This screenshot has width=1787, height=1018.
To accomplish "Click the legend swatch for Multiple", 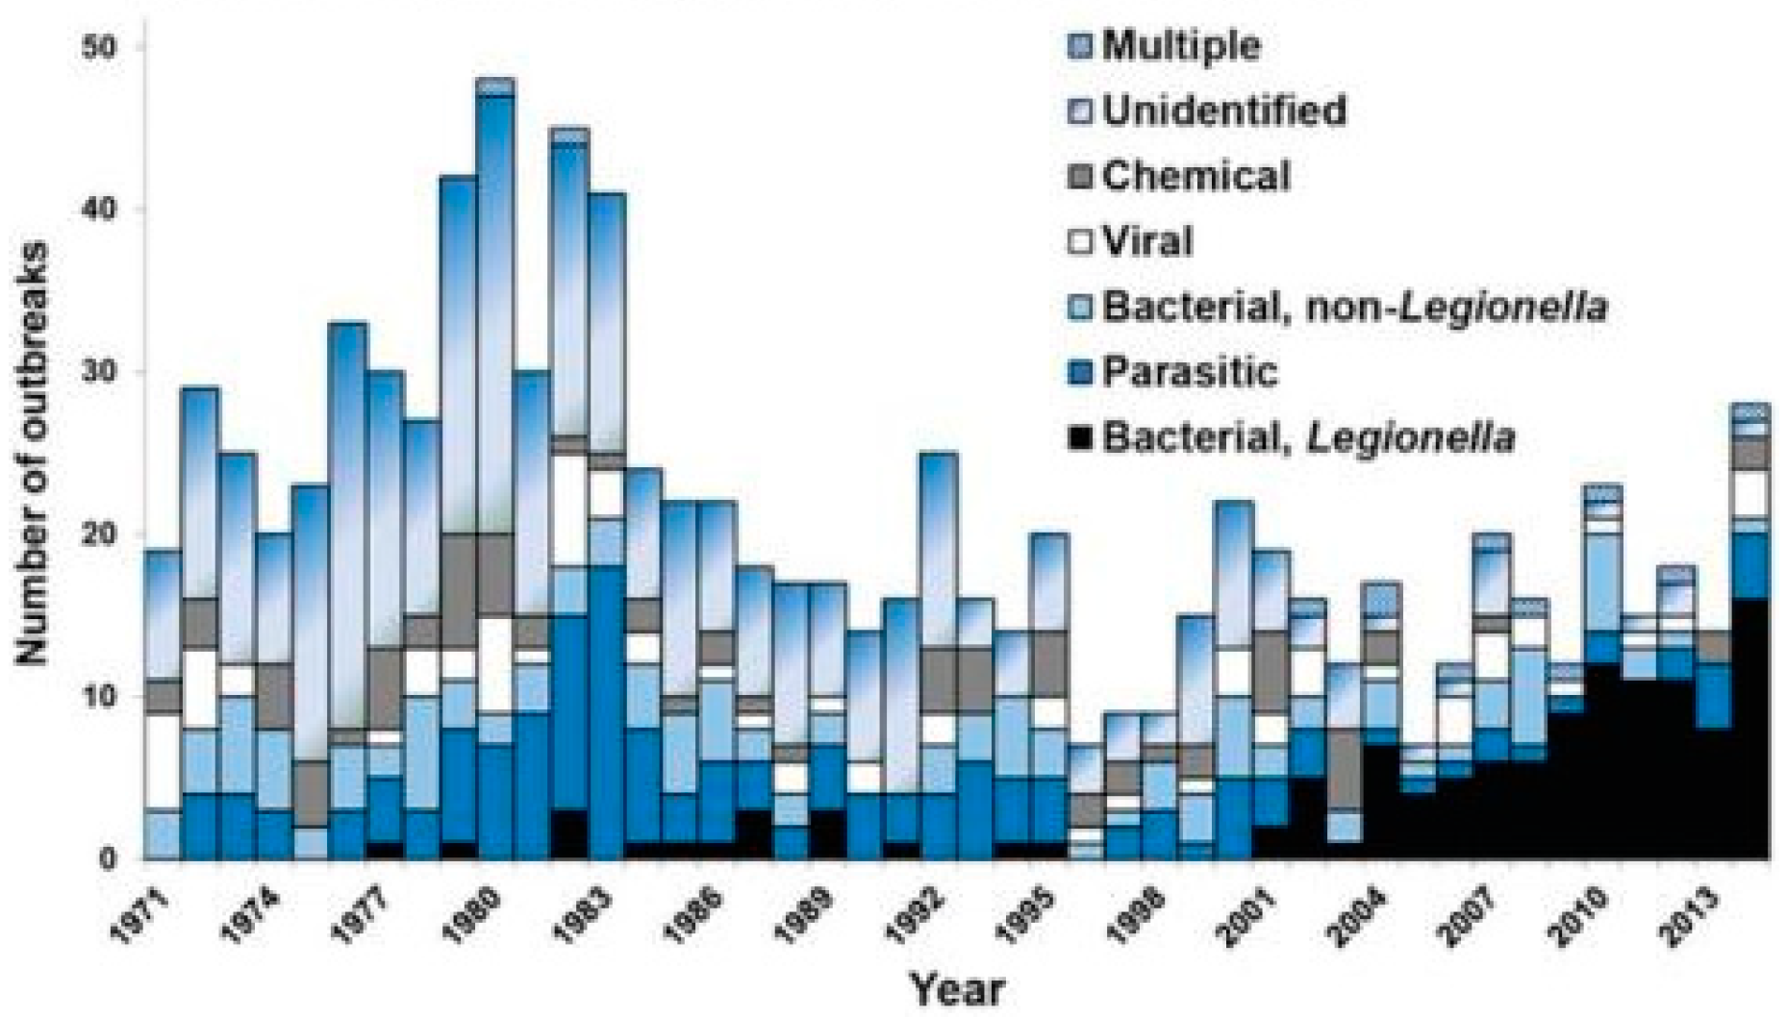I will (1080, 45).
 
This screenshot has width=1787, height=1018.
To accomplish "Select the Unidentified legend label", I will (1223, 111).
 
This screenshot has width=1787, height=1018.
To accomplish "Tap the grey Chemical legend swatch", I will (1080, 176).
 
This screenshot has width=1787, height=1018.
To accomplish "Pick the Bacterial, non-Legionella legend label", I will (1354, 308).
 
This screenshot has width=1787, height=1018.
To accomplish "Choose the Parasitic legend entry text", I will (1190, 372).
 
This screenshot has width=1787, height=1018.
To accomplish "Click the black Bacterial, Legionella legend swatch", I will (1080, 438).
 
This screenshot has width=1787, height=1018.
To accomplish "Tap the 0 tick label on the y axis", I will (108, 858).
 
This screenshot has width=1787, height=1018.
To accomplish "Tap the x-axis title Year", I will (957, 989).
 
